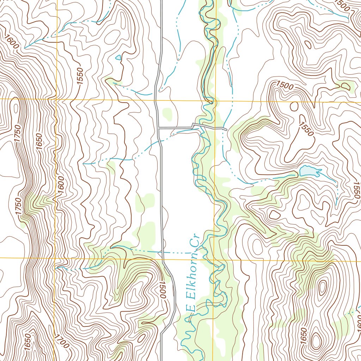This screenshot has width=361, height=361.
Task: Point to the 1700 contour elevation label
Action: point(62,342)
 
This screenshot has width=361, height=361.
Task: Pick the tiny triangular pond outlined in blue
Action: point(118,57)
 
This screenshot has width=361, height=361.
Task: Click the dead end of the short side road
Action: point(225,129)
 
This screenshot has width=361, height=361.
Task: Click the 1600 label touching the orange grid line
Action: point(60,183)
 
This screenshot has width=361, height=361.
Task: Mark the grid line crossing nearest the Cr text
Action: point(214,258)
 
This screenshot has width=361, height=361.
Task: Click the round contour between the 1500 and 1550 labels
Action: point(294,106)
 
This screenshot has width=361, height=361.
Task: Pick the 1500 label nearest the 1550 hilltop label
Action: point(285,85)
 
